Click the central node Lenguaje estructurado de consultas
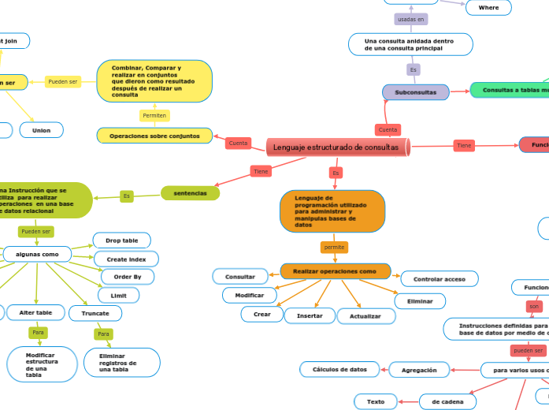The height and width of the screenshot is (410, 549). (x=337, y=147)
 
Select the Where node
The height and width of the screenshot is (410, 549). (x=488, y=8)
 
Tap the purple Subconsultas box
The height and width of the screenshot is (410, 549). (x=415, y=92)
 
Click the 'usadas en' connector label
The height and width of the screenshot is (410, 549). (x=410, y=19)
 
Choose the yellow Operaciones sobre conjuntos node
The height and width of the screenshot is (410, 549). (x=154, y=136)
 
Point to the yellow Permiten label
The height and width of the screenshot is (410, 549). (x=154, y=116)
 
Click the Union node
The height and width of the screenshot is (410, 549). (x=41, y=130)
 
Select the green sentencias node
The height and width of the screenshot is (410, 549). (x=190, y=192)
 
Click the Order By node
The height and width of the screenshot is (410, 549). (x=127, y=277)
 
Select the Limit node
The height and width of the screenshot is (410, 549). (x=118, y=295)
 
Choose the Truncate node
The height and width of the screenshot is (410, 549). (x=95, y=313)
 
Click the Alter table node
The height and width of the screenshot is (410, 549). (x=35, y=313)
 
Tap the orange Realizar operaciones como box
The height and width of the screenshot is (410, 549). (x=336, y=271)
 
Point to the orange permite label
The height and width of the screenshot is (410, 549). (x=334, y=247)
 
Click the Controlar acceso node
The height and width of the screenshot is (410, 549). (x=439, y=279)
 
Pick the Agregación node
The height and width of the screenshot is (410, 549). (x=419, y=369)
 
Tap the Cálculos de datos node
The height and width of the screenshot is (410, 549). (x=339, y=369)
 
